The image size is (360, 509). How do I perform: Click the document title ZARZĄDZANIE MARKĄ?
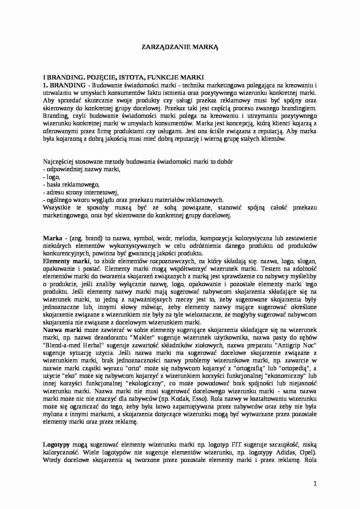[180, 47]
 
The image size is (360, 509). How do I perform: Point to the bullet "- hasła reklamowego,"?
[71, 185]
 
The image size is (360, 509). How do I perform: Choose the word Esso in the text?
[195, 399]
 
